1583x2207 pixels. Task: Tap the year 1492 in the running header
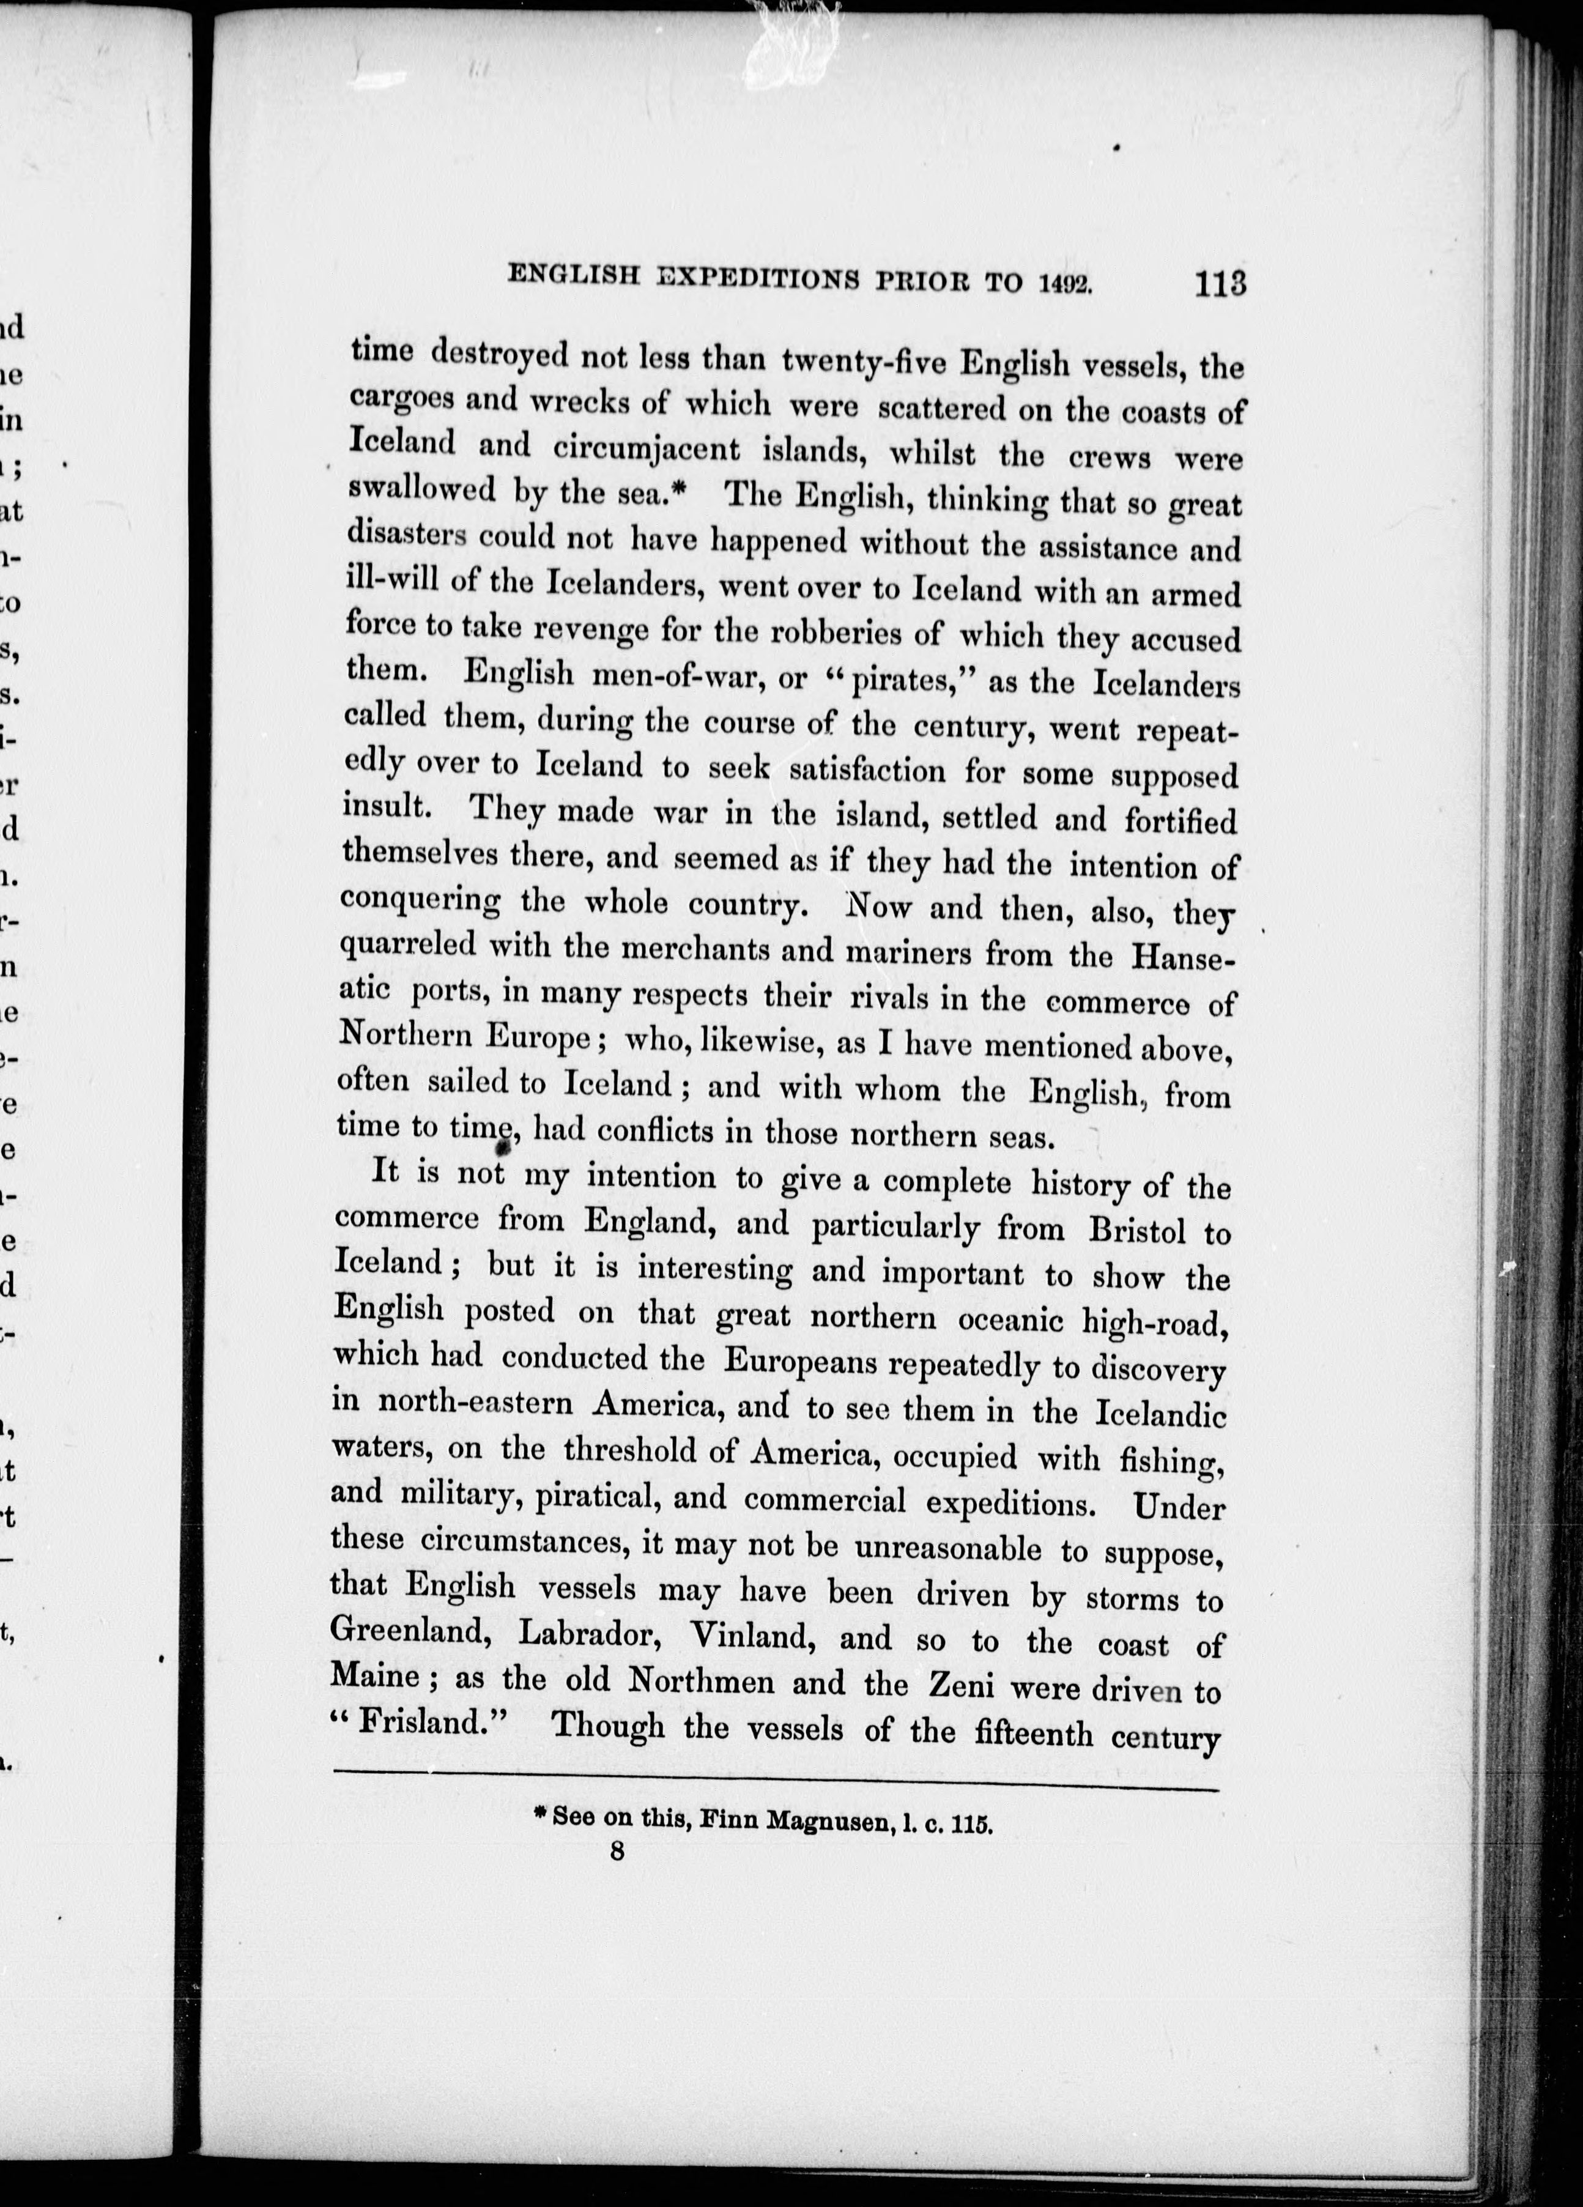(x=1066, y=282)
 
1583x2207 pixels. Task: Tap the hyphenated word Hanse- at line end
(x=1183, y=957)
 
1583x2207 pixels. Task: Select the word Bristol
(x=1136, y=1231)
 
